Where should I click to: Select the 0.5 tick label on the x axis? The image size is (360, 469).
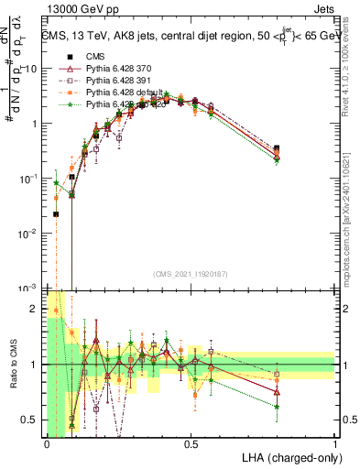tap(191, 443)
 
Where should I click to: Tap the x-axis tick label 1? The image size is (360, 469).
tap(335, 443)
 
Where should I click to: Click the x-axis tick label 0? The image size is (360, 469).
tap(47, 443)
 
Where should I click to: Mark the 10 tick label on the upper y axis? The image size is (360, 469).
tap(31, 69)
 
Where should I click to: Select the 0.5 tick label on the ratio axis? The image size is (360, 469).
tap(33, 420)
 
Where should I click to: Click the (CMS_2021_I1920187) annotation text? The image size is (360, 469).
tap(191, 272)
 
